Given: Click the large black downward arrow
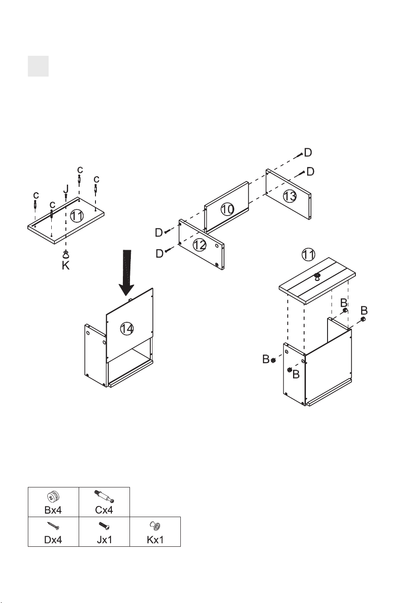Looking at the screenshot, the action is coord(126,272).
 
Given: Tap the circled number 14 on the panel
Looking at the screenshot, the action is coord(127,329).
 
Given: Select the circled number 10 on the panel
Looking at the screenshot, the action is coord(227,209).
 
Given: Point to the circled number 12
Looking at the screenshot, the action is coord(200,245).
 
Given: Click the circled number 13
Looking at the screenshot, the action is coord(290,196).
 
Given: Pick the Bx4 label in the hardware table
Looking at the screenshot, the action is coord(53,510).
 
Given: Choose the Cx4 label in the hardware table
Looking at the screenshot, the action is coord(104,510).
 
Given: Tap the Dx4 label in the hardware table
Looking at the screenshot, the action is coord(53,540).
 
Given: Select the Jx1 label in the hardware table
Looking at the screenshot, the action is coord(104,540).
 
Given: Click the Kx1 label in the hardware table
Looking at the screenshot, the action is coord(155,540).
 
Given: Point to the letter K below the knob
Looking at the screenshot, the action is coord(65,266).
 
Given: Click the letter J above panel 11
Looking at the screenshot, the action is coord(66,189).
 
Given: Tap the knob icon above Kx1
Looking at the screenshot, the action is coord(155,525).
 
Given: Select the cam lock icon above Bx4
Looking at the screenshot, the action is coord(53,496).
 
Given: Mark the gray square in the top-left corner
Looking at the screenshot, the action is coord(38,66).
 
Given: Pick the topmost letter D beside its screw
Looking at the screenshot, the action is coord(308,152).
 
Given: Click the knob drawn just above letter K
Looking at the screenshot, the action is coord(65,254).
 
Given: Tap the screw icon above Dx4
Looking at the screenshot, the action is coord(53,526).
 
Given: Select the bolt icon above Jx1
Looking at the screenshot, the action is coord(104,525).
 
